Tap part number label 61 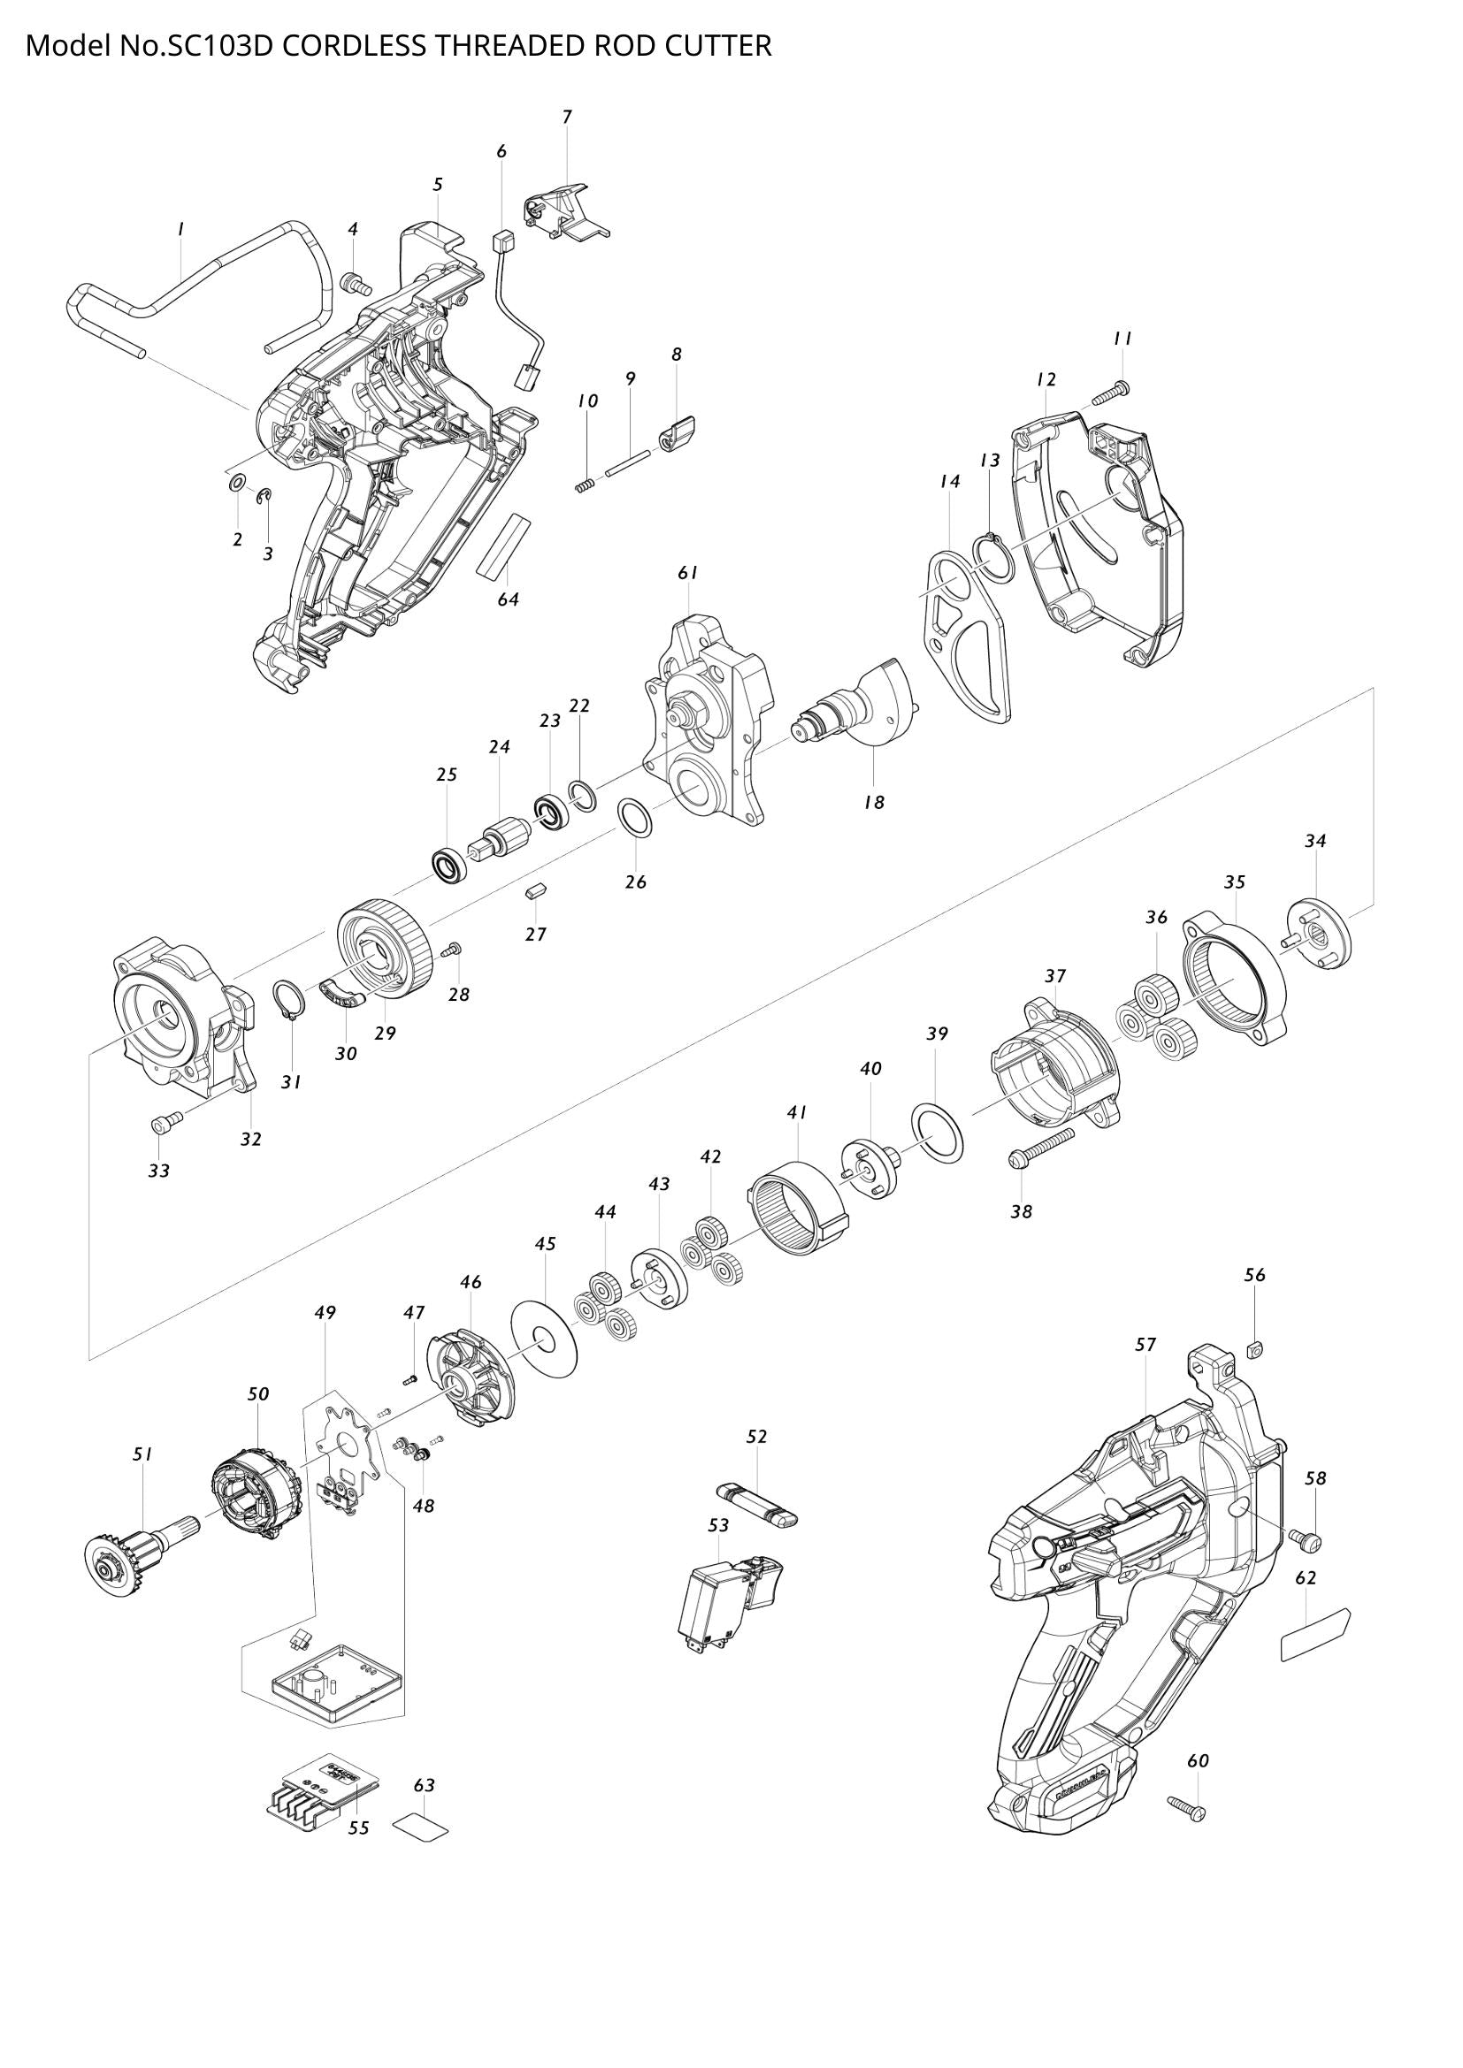tap(688, 573)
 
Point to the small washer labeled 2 tap(236, 485)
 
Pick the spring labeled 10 tap(586, 485)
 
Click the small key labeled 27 tap(535, 893)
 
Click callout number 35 tap(1234, 881)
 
